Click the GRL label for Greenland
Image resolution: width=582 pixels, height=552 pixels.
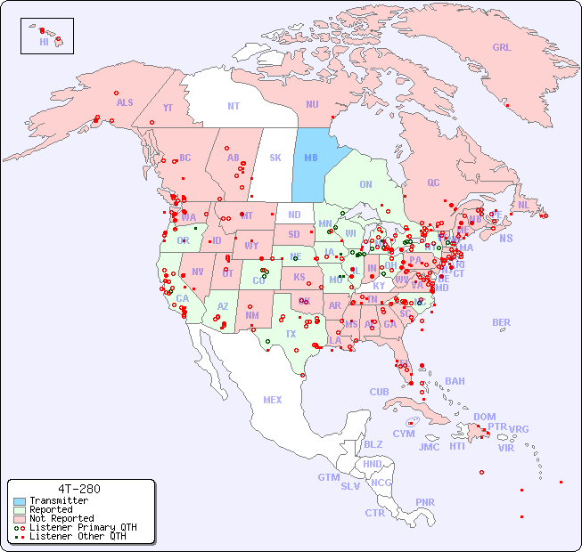point(502,48)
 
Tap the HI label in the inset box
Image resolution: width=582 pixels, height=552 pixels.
point(44,42)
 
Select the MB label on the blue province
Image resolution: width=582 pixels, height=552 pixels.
point(311,158)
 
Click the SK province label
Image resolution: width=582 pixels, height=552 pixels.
point(275,158)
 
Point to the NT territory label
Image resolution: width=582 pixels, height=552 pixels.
point(233,106)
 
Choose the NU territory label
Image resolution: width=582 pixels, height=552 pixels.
point(313,104)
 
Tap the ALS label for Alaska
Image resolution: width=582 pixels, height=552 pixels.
point(125,102)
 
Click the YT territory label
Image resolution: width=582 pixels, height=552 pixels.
point(168,108)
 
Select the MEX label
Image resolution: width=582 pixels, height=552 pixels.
point(273,400)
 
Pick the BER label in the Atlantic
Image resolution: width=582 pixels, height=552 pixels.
point(502,322)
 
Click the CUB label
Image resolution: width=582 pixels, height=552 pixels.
point(379,392)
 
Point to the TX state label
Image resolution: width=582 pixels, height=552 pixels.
point(291,334)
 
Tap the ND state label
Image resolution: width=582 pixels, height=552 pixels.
point(294,215)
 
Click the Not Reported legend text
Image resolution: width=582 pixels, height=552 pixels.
point(61,518)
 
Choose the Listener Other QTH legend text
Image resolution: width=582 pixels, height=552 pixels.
point(78,536)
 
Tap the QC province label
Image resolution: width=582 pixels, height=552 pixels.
point(433,183)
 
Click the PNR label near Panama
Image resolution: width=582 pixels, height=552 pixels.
point(425,502)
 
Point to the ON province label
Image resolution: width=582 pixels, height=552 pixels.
point(365,184)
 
